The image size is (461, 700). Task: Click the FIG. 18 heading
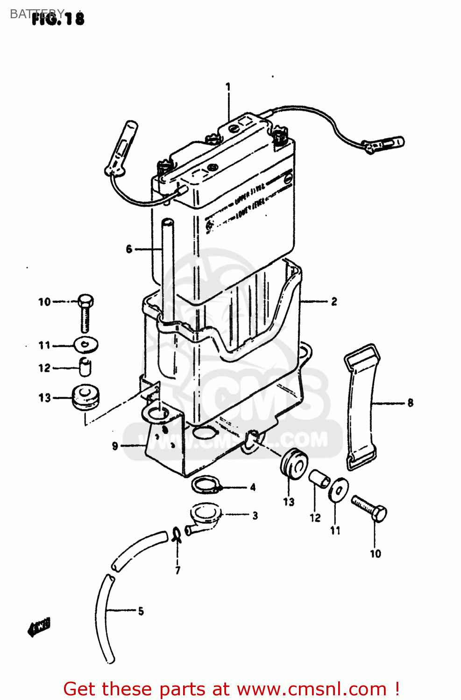point(58,19)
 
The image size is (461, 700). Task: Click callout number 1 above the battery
point(228,87)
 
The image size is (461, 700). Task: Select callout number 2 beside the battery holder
point(334,301)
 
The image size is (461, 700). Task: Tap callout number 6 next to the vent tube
point(129,249)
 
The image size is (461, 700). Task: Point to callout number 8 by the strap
point(410,402)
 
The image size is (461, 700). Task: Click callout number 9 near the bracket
point(115,446)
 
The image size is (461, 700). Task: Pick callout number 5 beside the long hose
point(141,611)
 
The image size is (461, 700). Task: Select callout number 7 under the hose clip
point(177,570)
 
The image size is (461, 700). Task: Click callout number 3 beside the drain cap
point(255,516)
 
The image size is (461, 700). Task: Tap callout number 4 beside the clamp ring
point(253,487)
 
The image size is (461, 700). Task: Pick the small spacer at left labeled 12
point(85,367)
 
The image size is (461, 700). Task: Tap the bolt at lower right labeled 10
point(370,509)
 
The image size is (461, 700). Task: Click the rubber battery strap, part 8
point(360,406)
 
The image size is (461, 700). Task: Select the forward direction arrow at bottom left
point(39,627)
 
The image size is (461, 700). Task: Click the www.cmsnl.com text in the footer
point(312,689)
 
